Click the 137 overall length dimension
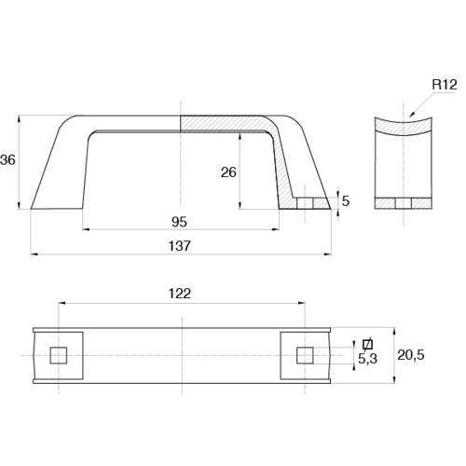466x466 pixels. tap(179, 246)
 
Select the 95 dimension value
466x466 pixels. tap(179, 222)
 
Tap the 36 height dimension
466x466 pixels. tap(7, 160)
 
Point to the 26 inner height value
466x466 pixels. tap(228, 172)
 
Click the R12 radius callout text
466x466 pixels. tap(445, 85)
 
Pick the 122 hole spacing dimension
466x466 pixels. tap(180, 294)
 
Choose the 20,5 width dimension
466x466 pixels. tap(411, 355)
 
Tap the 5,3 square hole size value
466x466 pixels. tap(367, 359)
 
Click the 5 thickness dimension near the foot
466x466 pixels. tap(346, 201)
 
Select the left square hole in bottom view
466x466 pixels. tap(59, 355)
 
